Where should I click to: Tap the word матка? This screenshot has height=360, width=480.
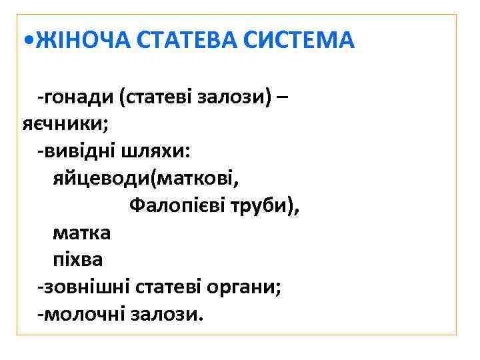(82, 233)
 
